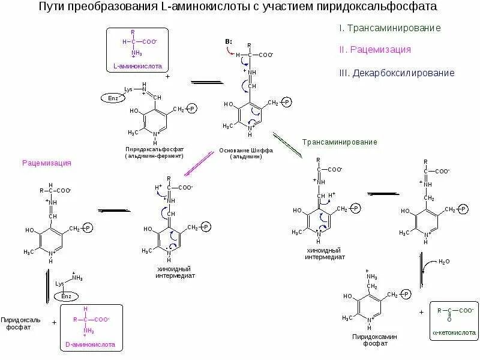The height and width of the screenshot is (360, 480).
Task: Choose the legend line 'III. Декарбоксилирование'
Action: coord(397,73)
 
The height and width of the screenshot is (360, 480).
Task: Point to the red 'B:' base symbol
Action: coord(229,41)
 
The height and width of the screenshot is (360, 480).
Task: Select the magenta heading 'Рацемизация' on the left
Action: coord(47,163)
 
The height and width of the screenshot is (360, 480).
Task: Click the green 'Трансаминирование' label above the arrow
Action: coord(340,142)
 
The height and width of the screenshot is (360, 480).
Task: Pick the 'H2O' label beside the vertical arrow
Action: coord(445,262)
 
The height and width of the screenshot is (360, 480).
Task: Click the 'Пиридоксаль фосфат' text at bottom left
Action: coord(20,323)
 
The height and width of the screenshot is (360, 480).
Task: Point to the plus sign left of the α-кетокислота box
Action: coord(421,312)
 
